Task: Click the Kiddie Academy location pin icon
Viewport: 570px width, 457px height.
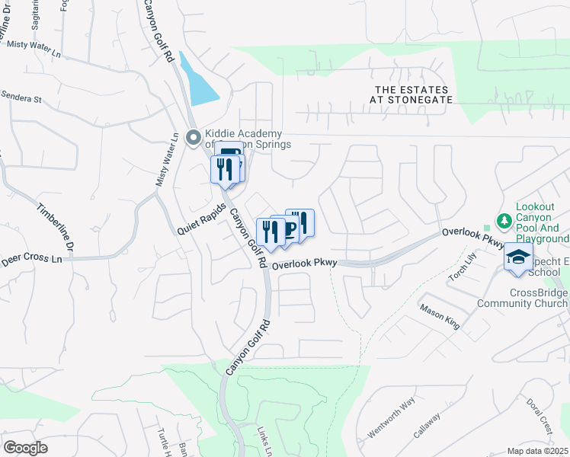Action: [x=194, y=139]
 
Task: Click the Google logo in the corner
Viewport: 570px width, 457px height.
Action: [x=25, y=448]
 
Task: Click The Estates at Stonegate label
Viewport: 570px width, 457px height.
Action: [x=410, y=94]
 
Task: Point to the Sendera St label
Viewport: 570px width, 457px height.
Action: [x=21, y=98]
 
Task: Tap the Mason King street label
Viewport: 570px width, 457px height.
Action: [x=440, y=316]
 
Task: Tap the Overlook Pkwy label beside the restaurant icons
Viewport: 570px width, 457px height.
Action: [x=305, y=264]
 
